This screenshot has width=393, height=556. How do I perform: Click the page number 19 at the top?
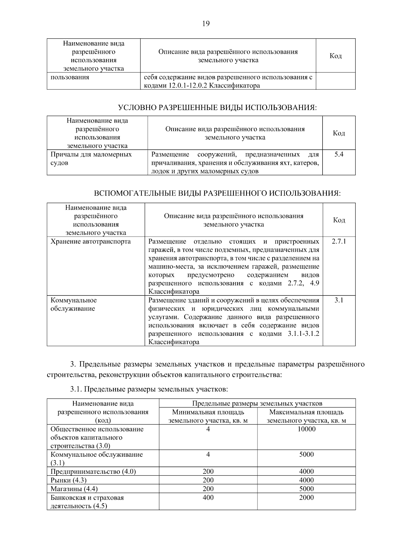click(x=206, y=23)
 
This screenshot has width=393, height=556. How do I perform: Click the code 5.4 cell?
click(x=339, y=154)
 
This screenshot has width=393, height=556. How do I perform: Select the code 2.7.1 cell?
click(x=339, y=241)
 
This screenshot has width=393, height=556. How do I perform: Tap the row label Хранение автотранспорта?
click(x=90, y=241)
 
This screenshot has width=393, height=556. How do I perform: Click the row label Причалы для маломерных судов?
click(x=91, y=159)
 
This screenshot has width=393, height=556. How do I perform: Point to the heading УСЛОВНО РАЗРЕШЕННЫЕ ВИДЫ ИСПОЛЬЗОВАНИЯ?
click(x=217, y=107)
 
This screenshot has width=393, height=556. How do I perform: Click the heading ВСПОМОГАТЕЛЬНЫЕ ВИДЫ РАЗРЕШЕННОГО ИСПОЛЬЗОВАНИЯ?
click(x=217, y=193)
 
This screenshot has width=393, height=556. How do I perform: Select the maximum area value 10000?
click(x=306, y=429)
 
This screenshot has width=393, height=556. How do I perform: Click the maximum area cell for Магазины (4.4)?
click(x=306, y=489)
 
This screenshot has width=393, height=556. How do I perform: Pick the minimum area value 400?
click(x=208, y=497)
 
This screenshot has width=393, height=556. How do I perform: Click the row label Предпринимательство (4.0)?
click(x=93, y=471)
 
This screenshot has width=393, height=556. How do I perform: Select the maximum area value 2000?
click(x=306, y=497)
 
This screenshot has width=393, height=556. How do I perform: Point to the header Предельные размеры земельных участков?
click(x=257, y=403)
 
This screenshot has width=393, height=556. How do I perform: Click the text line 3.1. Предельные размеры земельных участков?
click(x=149, y=389)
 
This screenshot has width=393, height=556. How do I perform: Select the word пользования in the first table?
click(x=70, y=77)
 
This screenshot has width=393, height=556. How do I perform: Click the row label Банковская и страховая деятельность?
click(x=87, y=502)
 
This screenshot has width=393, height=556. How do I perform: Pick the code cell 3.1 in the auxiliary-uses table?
click(x=339, y=300)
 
